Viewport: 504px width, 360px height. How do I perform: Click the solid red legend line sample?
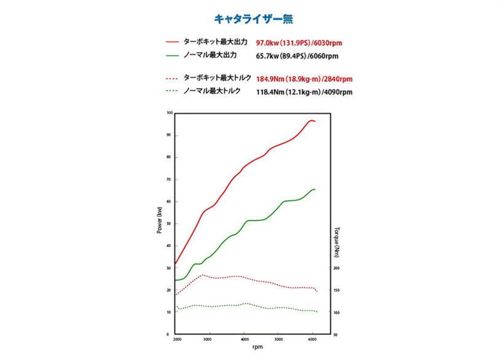tap(171, 42)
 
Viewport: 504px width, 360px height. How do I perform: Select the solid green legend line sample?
tap(171, 55)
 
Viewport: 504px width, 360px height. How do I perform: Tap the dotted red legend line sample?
tap(171, 79)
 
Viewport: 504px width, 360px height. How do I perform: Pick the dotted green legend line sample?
tap(171, 92)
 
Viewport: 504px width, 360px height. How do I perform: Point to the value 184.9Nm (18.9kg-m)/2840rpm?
tap(304, 79)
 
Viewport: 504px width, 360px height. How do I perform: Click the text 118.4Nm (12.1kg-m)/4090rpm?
tap(304, 92)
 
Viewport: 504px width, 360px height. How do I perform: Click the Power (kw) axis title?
tap(159, 220)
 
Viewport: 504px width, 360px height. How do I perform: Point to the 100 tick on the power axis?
tap(169, 113)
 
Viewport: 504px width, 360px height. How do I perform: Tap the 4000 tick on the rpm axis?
tap(245, 339)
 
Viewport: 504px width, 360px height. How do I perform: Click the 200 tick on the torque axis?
tap(336, 268)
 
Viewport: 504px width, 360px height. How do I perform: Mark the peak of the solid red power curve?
tap(312, 120)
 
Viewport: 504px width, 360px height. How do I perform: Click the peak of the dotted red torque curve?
tap(203, 275)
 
